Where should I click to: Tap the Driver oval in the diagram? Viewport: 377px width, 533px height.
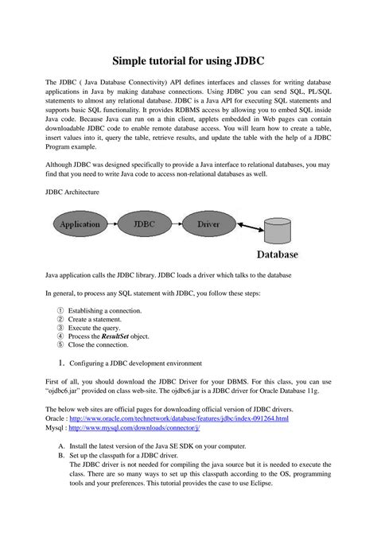(x=209, y=224)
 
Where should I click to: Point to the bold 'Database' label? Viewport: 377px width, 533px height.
(x=277, y=255)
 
